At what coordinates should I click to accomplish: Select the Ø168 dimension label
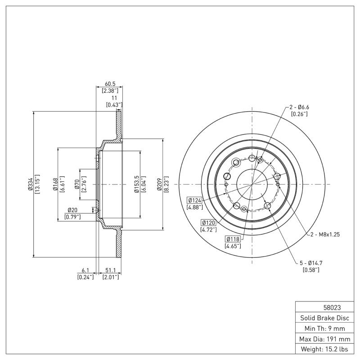coord(54,184)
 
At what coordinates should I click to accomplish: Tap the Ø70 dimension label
coord(77,184)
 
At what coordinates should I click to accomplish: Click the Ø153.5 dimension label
coord(136,184)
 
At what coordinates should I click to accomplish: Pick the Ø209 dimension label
coord(159,184)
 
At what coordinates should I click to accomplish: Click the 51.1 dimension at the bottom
coord(110,270)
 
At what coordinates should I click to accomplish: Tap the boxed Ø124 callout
coord(195,200)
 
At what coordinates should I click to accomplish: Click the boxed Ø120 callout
coord(209,222)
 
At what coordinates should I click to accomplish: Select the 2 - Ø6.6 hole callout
coord(299,107)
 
